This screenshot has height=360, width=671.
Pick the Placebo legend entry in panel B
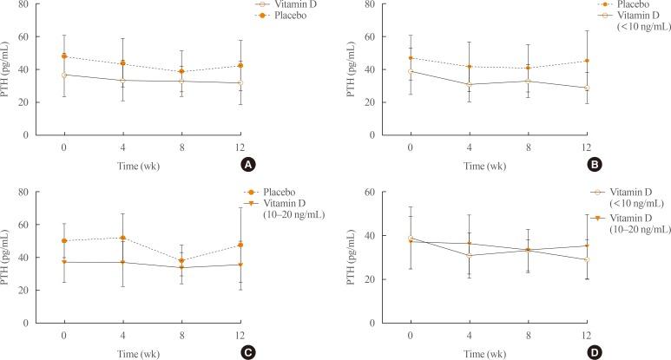tap(631, 5)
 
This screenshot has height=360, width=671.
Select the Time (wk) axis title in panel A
tap(152, 165)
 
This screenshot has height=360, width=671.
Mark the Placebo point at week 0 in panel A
tap(63, 56)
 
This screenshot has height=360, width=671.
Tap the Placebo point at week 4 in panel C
tap(122, 238)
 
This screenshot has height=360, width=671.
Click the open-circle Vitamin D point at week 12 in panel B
tap(587, 88)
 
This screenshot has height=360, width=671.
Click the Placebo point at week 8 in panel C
tap(181, 260)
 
